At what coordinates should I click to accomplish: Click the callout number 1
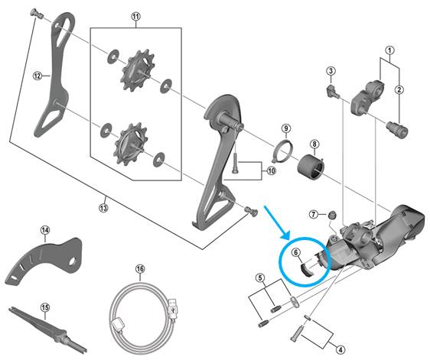point(389,53)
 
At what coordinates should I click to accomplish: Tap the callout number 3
point(331,71)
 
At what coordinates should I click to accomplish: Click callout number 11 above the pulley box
point(136,16)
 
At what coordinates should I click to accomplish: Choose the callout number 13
point(104,206)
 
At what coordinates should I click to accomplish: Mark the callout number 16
point(140,269)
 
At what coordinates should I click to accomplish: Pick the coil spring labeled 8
point(309,164)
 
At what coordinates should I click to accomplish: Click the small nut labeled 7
point(331,215)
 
